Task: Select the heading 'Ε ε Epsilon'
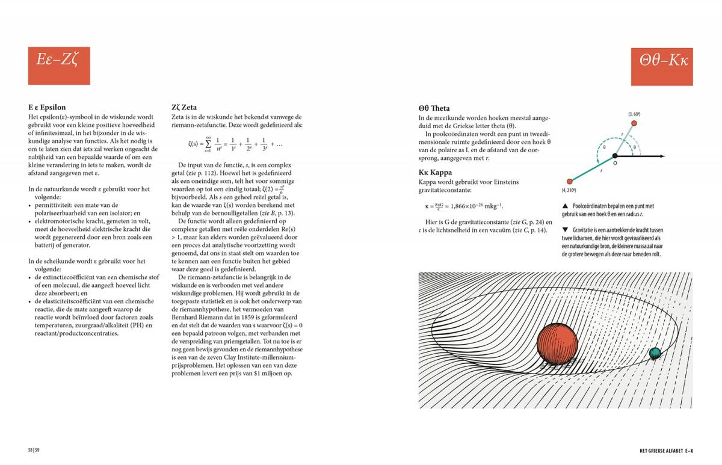click(x=47, y=108)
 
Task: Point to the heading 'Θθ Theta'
click(x=433, y=108)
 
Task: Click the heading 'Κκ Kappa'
click(x=435, y=173)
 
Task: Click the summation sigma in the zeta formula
click(x=208, y=144)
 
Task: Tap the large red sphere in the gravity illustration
click(x=557, y=343)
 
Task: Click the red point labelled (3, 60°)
click(x=633, y=123)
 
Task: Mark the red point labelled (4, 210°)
click(x=569, y=180)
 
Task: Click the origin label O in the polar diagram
click(x=614, y=163)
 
